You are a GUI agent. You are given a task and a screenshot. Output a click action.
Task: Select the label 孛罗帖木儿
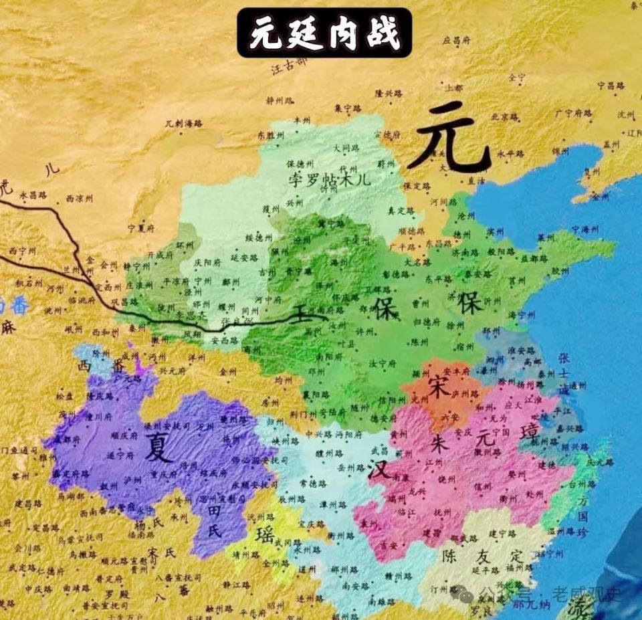coord(329,179)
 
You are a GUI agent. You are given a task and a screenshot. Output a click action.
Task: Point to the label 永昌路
coord(33,195)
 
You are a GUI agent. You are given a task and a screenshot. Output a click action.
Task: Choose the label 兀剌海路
coord(183,124)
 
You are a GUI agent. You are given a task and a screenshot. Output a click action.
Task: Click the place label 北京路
coord(505,116)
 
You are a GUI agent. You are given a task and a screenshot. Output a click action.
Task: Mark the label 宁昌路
coord(610,86)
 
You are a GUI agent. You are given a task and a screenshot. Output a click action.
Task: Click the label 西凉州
coord(80,199)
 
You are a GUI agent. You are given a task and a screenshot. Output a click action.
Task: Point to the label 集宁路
coord(348,108)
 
